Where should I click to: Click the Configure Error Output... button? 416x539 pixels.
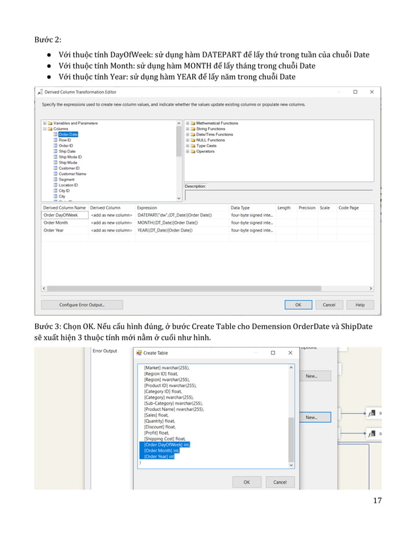82,305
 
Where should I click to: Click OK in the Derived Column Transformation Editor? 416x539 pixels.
298,305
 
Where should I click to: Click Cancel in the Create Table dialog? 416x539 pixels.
280,482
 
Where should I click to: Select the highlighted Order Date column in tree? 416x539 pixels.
68,134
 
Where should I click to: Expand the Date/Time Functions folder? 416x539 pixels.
188,134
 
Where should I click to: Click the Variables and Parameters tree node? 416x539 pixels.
75,123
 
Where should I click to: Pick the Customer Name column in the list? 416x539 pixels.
72,174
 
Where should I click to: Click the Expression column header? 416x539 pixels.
147,208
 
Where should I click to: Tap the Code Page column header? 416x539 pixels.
348,208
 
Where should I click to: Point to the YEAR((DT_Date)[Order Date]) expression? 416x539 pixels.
164,230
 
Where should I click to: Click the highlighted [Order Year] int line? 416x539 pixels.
160,457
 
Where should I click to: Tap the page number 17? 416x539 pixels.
377,501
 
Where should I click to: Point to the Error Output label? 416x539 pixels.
105,351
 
